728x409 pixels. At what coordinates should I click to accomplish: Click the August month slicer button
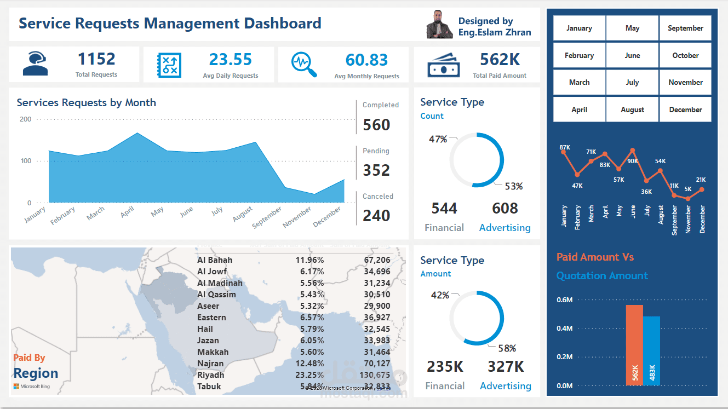[632, 110]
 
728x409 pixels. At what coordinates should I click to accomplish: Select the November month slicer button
[685, 82]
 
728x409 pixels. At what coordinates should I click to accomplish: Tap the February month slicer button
[579, 55]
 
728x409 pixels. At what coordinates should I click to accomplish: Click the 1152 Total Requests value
[96, 59]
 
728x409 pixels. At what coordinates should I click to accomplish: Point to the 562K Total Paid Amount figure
[500, 59]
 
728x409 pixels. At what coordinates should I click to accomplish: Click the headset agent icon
[35, 64]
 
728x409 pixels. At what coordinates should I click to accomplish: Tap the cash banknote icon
[443, 64]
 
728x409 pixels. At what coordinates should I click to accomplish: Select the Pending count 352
[376, 170]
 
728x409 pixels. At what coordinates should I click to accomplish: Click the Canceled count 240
[376, 216]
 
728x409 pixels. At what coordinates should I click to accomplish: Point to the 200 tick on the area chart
[26, 119]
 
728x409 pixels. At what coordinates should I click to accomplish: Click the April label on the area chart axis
[128, 212]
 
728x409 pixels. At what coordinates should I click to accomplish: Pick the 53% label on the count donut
[513, 186]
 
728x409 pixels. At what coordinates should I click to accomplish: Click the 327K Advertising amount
[505, 366]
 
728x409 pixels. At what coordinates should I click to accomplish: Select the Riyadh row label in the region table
[211, 375]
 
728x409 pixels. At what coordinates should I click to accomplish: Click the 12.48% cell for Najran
[309, 364]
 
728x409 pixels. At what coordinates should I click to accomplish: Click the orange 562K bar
[634, 345]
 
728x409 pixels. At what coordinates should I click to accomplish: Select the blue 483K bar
[652, 350]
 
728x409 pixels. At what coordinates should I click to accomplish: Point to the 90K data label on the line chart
[632, 161]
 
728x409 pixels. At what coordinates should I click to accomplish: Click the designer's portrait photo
[439, 25]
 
